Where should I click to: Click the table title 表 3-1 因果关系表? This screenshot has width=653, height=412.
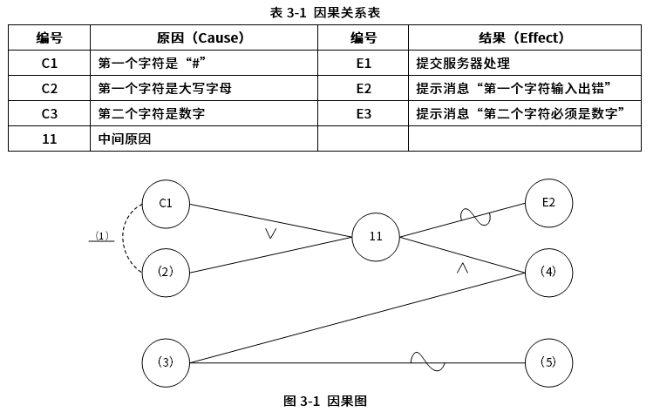coord(325,12)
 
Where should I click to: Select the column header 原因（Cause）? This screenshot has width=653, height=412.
coord(200,38)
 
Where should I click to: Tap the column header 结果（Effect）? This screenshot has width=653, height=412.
coord(522,38)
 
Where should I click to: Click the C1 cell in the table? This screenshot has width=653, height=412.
coord(49,64)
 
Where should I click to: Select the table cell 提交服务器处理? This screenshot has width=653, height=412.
coord(462,64)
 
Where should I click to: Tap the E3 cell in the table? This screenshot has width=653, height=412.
coord(364,114)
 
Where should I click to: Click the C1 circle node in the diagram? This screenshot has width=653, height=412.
coord(166,203)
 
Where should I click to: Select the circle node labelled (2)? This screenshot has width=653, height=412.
coord(166,271)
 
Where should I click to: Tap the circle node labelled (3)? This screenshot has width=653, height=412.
coord(166,362)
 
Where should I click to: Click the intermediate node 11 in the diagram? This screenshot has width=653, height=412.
coord(376,236)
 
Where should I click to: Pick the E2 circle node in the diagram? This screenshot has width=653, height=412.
coord(549,203)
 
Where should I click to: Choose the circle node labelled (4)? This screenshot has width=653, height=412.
coord(549,271)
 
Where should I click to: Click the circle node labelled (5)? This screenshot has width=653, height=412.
coord(549,362)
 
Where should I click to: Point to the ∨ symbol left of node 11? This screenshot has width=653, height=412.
coord(271,233)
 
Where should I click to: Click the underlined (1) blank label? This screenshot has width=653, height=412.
coord(102,236)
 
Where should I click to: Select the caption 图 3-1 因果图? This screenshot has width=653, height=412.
coord(325,401)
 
